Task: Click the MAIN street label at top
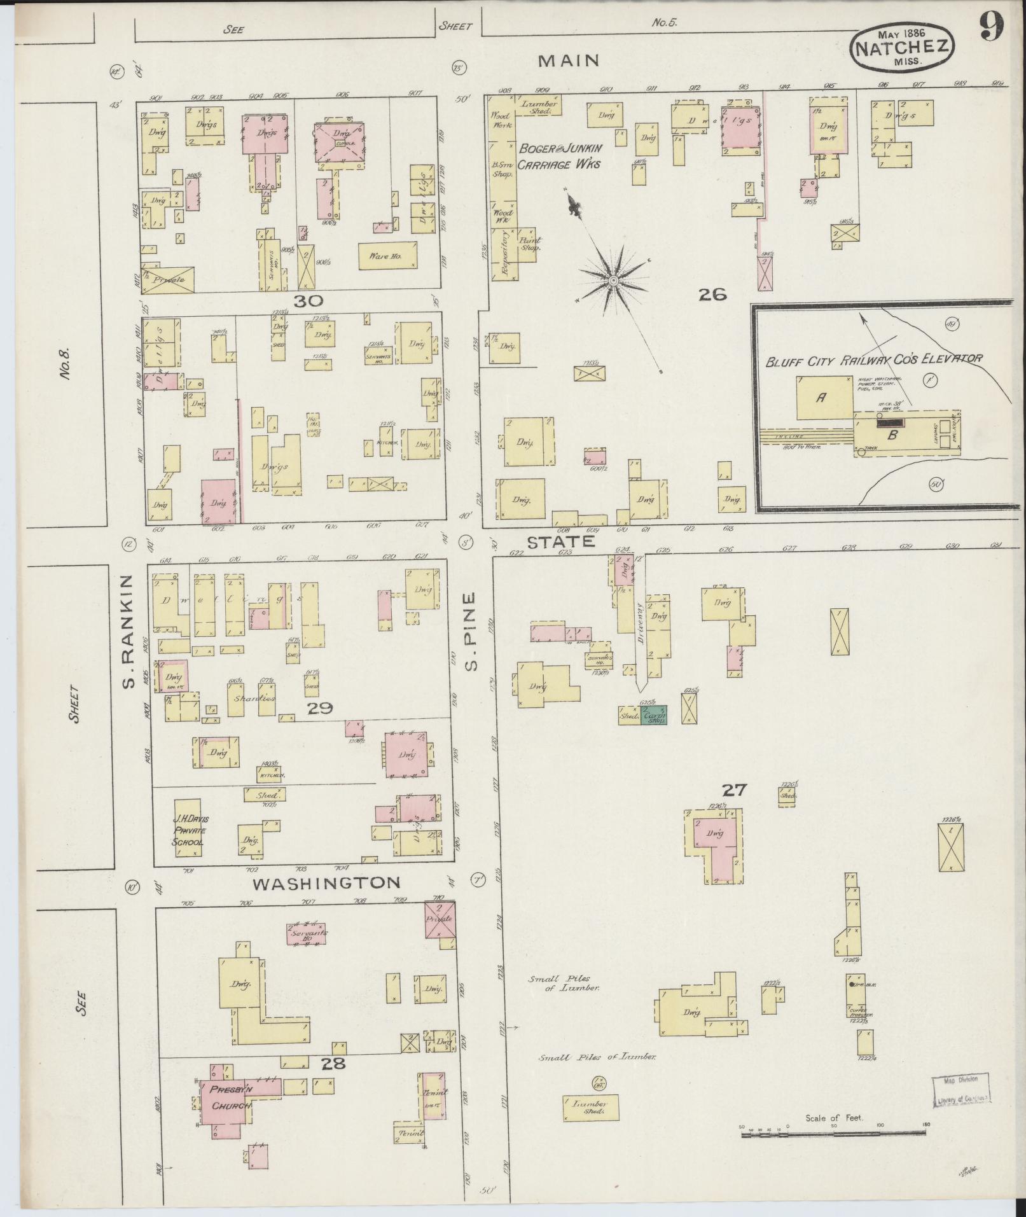click(x=569, y=60)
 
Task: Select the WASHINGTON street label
click(x=326, y=883)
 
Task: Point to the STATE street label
click(x=560, y=541)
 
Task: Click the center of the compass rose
click(x=613, y=281)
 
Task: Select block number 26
click(x=712, y=294)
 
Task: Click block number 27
click(x=734, y=790)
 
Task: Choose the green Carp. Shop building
click(x=654, y=715)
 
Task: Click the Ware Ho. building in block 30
click(x=388, y=256)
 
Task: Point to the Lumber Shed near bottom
click(x=591, y=1108)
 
